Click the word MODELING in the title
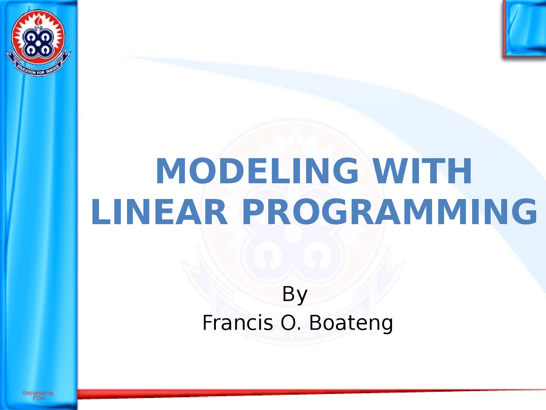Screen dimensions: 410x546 [257, 171]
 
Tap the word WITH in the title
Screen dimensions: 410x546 [422, 171]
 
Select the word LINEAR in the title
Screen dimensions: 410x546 [159, 212]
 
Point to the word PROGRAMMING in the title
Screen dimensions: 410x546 [389, 212]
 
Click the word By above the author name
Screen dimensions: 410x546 [295, 294]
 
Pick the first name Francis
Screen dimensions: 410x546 [237, 323]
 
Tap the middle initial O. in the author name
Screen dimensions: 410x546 [291, 323]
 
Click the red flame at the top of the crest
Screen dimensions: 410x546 [38, 19]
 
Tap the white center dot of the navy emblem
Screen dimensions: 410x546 [38, 43]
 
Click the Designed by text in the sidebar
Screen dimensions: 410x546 [38, 392]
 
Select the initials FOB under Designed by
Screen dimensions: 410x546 [39, 398]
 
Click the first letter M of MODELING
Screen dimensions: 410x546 [169, 171]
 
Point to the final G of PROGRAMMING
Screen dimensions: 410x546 [524, 212]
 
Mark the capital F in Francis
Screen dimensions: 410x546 [207, 323]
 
